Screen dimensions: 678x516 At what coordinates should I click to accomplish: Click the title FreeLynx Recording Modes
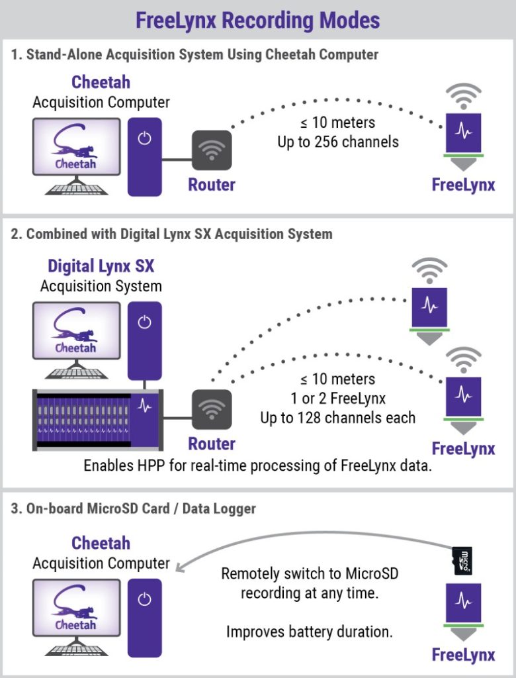[x=257, y=20]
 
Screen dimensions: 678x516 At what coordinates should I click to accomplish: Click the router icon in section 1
[x=212, y=151]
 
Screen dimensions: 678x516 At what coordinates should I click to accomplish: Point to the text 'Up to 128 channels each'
[x=337, y=417]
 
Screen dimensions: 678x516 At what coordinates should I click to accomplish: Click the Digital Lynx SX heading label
[x=101, y=266]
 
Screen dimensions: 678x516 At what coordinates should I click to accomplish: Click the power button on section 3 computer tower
[x=144, y=599]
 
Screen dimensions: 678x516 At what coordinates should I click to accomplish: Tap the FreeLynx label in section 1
[x=463, y=185]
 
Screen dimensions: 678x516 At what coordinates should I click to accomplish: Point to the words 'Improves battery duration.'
[x=310, y=631]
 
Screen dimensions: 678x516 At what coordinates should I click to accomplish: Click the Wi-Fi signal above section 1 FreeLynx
[x=463, y=95]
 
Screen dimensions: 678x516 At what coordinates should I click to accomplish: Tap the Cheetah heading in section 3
[x=101, y=544]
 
